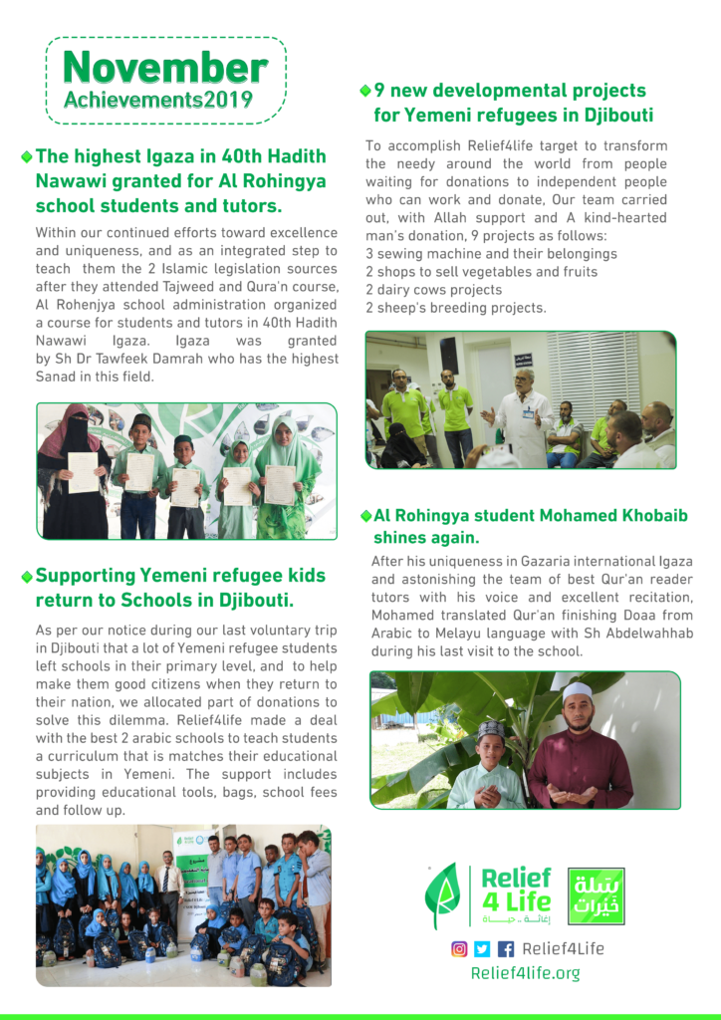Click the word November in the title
[165, 67]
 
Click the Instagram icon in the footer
[459, 948]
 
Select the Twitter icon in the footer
[482, 948]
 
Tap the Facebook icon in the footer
[506, 948]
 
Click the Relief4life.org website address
[525, 973]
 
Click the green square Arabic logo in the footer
[596, 895]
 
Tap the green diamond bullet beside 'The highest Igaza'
[26, 157]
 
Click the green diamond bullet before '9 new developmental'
[365, 91]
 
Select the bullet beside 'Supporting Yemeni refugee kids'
[26, 576]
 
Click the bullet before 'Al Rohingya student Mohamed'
[365, 516]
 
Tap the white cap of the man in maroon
[577, 691]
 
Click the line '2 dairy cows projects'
[433, 290]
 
